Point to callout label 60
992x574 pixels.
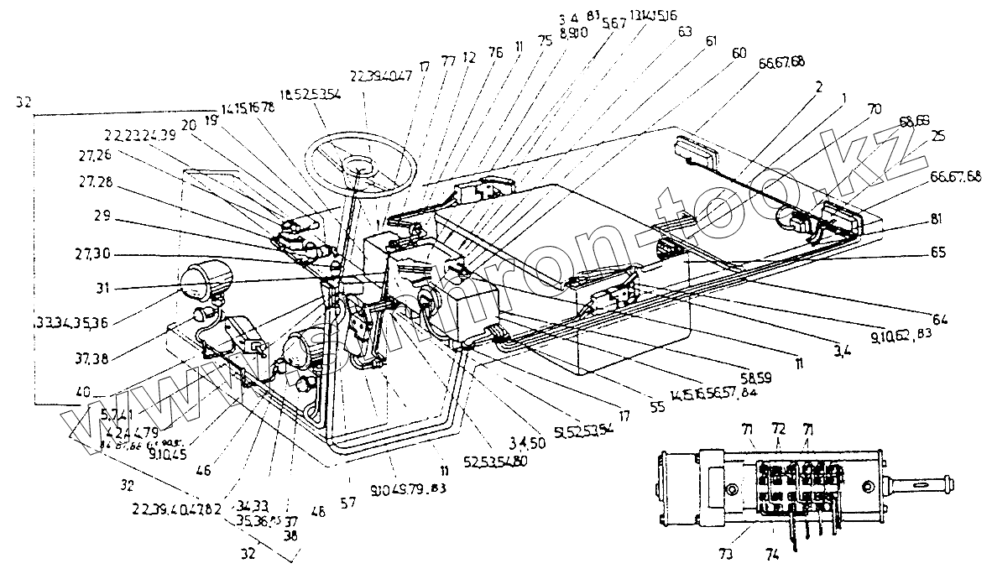click(x=739, y=52)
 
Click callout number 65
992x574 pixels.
click(x=939, y=252)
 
